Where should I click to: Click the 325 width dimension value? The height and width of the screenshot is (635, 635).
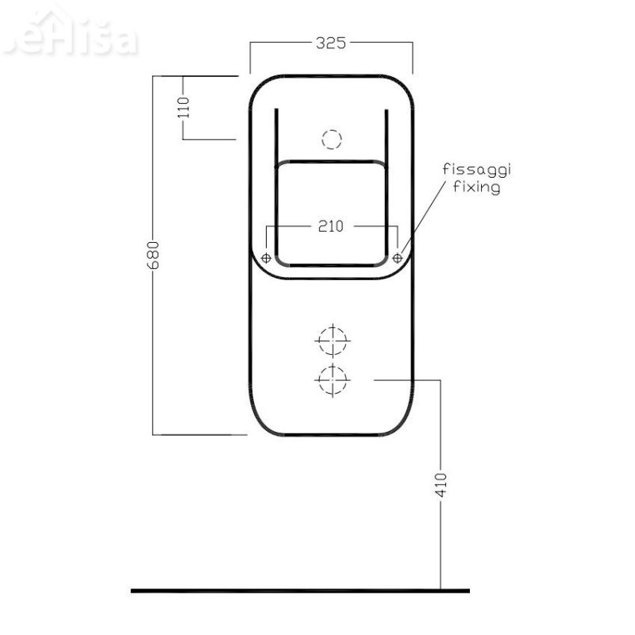pos(331,44)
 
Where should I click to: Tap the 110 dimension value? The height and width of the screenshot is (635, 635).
pos(184,107)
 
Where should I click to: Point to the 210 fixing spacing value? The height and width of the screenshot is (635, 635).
pos(330,226)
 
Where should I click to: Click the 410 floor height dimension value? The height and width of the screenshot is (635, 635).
pos(441,484)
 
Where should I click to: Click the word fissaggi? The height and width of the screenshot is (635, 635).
pos(477,171)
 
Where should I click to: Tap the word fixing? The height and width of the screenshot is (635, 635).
pos(475,188)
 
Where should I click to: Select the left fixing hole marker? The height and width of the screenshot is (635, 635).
pos(266,258)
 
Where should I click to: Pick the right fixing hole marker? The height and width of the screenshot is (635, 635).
pos(398,258)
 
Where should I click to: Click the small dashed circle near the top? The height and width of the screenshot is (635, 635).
pos(331,140)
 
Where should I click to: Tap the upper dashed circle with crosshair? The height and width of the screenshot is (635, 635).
pos(332,343)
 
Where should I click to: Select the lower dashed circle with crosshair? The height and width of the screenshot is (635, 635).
pos(332,381)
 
